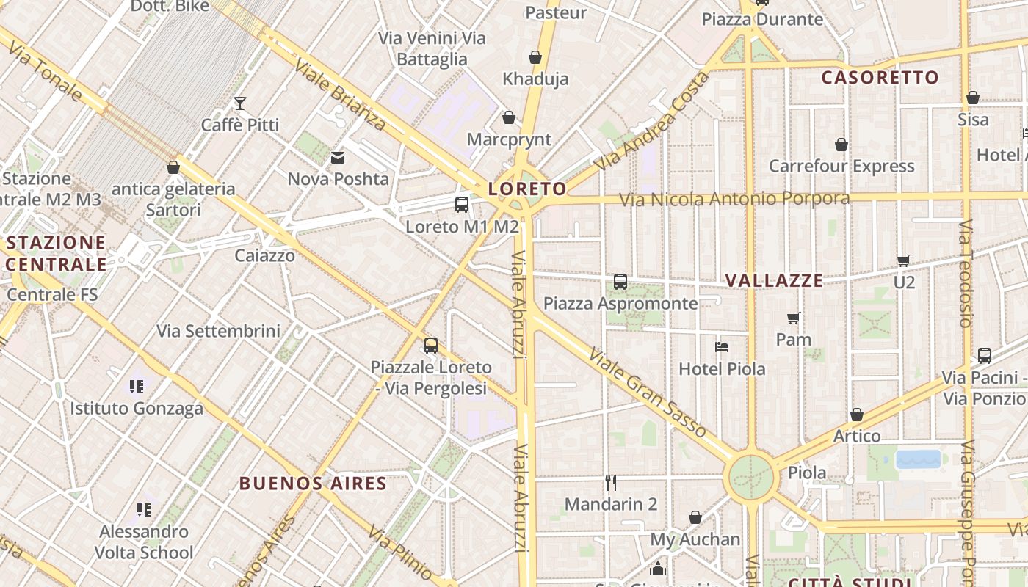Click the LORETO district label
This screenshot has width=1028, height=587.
click(x=527, y=189)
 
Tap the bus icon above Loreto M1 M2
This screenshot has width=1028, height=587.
click(x=462, y=205)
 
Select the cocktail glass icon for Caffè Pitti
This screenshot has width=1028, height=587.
click(x=240, y=103)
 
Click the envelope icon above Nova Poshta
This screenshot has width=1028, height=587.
click(x=338, y=157)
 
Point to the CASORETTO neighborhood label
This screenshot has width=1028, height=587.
click(x=880, y=77)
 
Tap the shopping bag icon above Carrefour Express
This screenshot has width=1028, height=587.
click(x=841, y=145)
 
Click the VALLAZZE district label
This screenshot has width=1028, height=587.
click(x=774, y=280)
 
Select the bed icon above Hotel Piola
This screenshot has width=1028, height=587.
click(x=722, y=347)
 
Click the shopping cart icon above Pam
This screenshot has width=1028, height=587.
click(x=793, y=318)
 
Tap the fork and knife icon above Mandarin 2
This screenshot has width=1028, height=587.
click(x=610, y=482)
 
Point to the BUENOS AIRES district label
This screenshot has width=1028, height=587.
click(x=313, y=484)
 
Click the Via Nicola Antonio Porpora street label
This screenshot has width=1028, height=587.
click(x=734, y=199)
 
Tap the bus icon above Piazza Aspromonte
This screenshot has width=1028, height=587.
click(x=620, y=282)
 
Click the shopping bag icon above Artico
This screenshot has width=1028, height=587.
click(x=856, y=415)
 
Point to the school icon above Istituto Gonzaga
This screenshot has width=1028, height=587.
click(x=136, y=386)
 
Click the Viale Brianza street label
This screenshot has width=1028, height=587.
click(x=339, y=95)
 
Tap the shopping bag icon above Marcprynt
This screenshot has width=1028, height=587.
click(x=509, y=117)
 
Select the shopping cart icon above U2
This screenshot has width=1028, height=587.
click(x=904, y=260)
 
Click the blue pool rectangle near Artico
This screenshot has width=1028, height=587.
click(x=918, y=459)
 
